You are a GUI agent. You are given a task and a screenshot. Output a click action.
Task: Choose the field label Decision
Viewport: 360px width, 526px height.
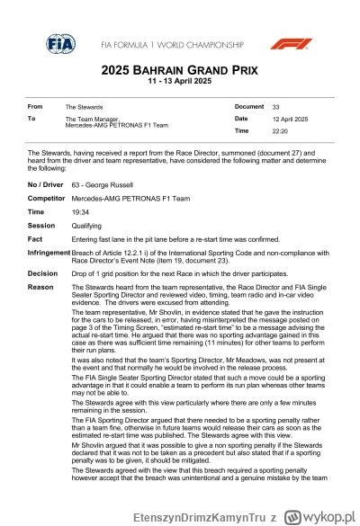point(42,272)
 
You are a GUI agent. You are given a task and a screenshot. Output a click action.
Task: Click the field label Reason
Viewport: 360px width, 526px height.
point(40,286)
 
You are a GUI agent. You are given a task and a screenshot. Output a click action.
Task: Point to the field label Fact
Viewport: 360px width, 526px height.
point(35,239)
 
